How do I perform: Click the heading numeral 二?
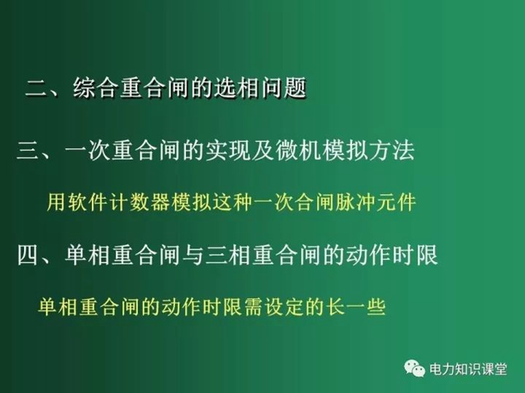click(x=37, y=88)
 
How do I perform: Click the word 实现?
click(x=228, y=151)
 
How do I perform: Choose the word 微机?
click(x=298, y=151)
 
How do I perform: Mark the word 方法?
click(x=392, y=151)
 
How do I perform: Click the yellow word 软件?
click(x=87, y=202)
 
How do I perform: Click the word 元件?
click(x=396, y=202)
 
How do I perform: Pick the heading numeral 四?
click(x=28, y=255)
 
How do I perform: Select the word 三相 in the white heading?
click(x=228, y=255)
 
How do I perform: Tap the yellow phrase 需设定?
click(x=272, y=307)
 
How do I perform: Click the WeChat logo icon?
click(x=415, y=368)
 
